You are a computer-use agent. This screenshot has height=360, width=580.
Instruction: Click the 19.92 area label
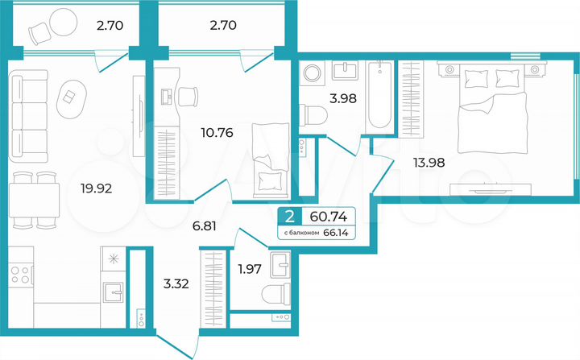tap(95, 190)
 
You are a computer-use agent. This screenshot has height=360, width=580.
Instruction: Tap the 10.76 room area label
tap(217, 133)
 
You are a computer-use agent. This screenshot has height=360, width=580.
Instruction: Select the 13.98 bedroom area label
tap(428, 162)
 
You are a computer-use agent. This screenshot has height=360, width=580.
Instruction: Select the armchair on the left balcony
tap(40, 31)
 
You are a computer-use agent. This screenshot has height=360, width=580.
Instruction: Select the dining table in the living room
tap(34, 201)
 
